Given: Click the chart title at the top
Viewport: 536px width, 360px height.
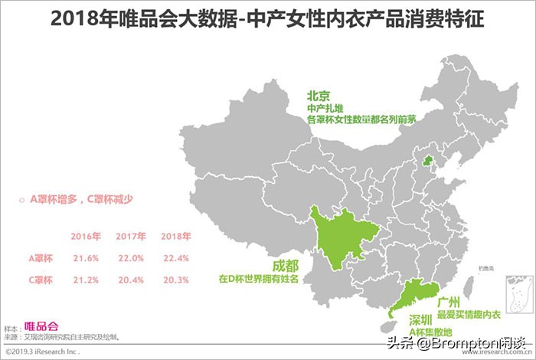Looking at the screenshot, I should (267, 19).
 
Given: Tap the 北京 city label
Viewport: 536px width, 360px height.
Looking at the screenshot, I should (319, 97).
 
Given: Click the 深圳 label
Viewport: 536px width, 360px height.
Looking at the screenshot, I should (420, 319).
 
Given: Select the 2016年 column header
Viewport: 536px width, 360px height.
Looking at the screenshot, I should (86, 237).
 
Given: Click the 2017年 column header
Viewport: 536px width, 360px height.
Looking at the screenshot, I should (131, 237).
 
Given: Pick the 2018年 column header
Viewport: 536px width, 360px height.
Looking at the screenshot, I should (175, 237).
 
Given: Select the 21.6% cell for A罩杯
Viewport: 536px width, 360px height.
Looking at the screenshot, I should (86, 258).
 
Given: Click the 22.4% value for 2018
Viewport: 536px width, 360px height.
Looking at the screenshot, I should (175, 258).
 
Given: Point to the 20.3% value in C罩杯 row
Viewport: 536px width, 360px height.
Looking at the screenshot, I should (175, 280).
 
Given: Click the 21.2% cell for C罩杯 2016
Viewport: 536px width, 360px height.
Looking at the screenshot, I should (86, 280).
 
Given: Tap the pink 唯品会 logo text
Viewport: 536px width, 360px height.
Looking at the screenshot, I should (41, 326).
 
